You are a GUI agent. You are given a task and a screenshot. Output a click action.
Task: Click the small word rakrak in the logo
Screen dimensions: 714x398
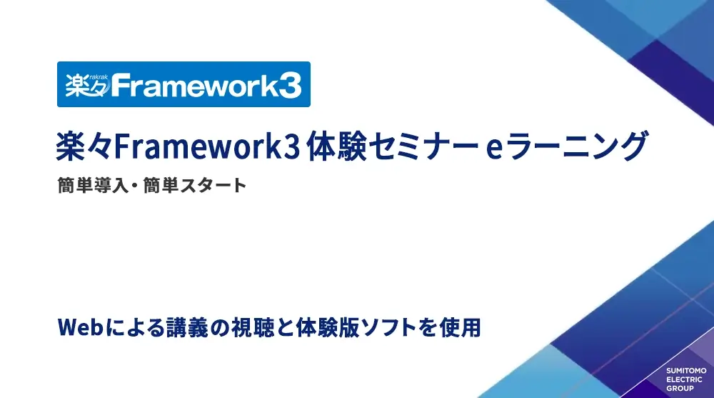click(x=99, y=77)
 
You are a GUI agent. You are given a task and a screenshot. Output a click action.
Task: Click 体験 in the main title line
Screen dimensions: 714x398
click(x=336, y=146)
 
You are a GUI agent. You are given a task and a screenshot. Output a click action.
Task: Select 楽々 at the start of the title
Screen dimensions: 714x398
click(x=84, y=146)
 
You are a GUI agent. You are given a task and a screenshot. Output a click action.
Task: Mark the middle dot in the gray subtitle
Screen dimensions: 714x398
click(x=136, y=186)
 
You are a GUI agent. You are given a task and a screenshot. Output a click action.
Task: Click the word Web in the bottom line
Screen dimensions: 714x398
click(x=80, y=327)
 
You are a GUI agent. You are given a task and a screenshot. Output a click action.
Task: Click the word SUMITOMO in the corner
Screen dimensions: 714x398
click(x=686, y=371)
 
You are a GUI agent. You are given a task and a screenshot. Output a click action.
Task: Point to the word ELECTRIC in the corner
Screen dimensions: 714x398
click(x=685, y=379)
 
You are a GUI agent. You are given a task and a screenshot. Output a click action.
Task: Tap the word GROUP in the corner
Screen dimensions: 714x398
click(x=680, y=389)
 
